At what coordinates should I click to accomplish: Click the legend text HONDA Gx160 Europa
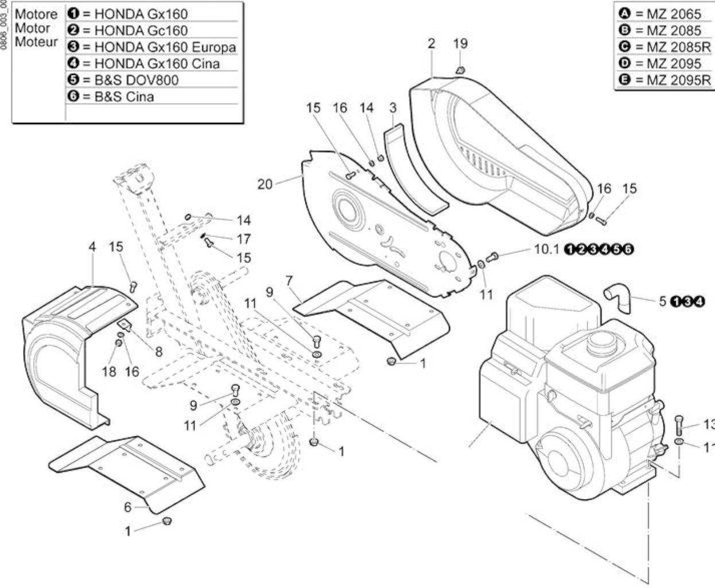pos(165,47)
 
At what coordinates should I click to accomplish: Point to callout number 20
pos(265,184)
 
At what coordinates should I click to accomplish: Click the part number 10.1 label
pos(546,249)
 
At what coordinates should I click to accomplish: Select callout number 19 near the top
pos(460,44)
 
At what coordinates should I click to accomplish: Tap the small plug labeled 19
pos(460,71)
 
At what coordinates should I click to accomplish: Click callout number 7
pos(289,280)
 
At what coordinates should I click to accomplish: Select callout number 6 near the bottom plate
pos(127,507)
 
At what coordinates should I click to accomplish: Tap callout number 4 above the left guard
pos(92,246)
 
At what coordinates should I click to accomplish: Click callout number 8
pos(158,352)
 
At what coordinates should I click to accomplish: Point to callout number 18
pos(109,372)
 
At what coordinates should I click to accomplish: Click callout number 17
pos(243,239)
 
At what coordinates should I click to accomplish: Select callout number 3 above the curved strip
pos(393,108)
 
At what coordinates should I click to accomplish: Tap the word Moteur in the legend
pos(36,42)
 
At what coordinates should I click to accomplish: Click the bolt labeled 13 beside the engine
pos(679,425)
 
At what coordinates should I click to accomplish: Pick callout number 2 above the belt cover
pos(431,44)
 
